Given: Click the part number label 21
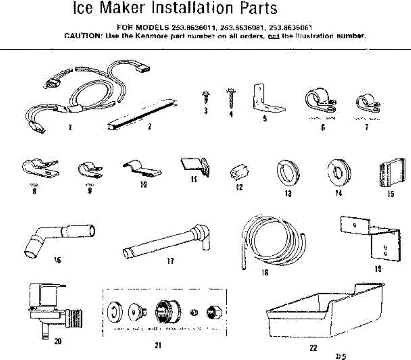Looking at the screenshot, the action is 158,345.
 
